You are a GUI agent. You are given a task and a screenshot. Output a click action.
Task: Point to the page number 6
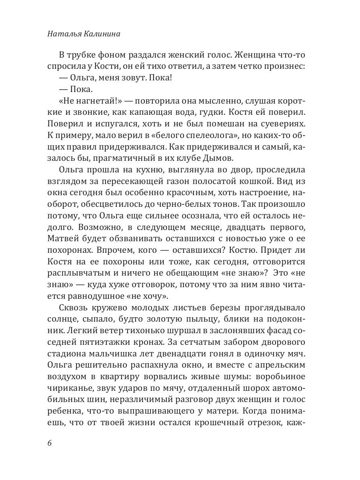(x=50, y=444)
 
